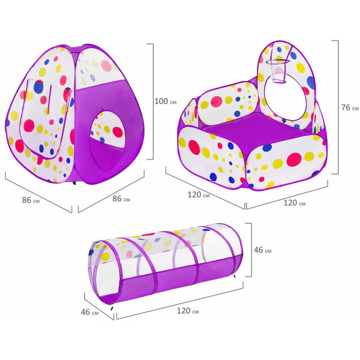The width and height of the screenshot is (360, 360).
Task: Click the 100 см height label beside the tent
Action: (x=166, y=101)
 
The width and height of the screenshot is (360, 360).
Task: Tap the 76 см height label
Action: (x=350, y=107)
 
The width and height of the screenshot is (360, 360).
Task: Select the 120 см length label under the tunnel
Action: (x=188, y=311)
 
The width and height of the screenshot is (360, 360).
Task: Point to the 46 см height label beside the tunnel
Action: (x=263, y=250)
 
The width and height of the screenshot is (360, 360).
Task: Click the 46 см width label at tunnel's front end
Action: (x=89, y=312)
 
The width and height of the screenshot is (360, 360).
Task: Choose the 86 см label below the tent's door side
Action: (x=31, y=200)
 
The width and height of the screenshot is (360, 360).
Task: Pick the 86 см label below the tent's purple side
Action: (x=121, y=199)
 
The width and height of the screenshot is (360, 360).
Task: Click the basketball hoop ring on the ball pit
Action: (x=278, y=62)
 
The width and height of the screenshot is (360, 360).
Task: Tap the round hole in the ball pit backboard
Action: (x=287, y=97)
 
